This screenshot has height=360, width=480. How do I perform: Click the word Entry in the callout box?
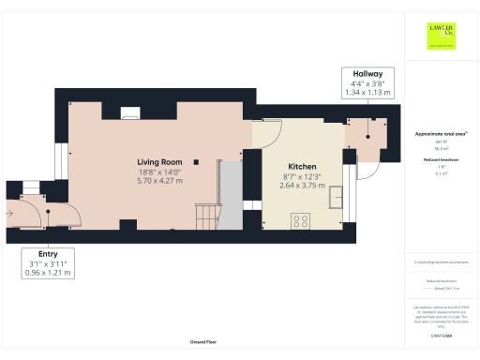click(x=48, y=253)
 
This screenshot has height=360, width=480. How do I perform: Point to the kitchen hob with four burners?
click(x=302, y=221)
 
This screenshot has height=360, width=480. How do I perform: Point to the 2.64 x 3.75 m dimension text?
click(x=301, y=186)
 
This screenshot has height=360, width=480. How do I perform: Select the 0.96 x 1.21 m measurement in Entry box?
click(x=48, y=272)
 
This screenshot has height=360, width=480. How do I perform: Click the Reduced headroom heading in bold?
click(x=441, y=160)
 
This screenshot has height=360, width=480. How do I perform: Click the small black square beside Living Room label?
click(x=196, y=162)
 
